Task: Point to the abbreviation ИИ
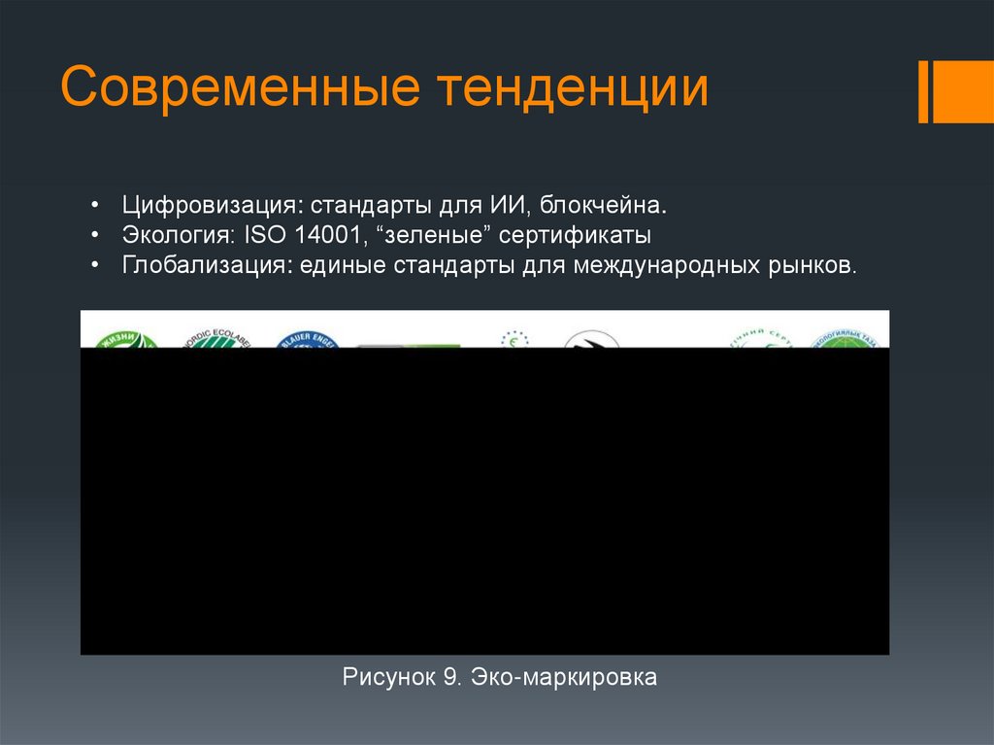coord(506,206)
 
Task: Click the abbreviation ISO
coord(260,236)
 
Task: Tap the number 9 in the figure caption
coord(450,677)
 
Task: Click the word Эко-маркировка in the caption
coord(564,677)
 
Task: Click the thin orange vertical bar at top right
coord(923,92)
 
